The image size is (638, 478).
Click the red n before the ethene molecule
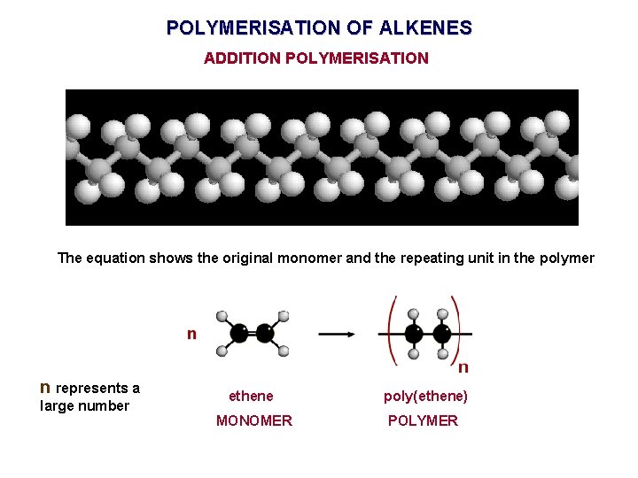tap(191, 334)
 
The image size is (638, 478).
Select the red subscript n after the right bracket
tap(463, 366)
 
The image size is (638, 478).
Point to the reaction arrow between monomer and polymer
tap(337, 334)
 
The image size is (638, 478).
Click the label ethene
tap(252, 396)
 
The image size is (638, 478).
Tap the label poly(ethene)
tap(425, 396)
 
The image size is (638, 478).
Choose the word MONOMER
tap(254, 420)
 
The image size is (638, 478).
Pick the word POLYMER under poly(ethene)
tap(424, 420)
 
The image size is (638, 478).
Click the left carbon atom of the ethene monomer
tap(238, 334)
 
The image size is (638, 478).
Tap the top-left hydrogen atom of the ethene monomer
tap(222, 316)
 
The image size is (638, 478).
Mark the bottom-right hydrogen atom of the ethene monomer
tap(284, 351)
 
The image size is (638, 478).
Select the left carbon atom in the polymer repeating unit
tap(413, 334)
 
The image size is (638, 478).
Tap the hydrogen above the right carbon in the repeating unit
tap(441, 313)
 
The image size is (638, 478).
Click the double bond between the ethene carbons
tap(253, 334)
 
